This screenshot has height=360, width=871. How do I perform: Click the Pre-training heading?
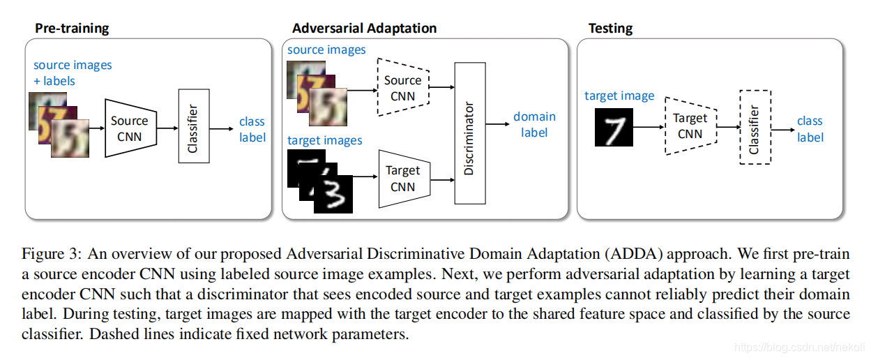[x=72, y=29]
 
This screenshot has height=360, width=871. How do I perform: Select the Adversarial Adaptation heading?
[x=364, y=29]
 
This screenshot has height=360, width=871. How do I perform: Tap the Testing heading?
[x=610, y=29]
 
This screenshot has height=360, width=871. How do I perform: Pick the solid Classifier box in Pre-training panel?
[x=193, y=126]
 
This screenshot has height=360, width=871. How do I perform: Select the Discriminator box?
[x=469, y=133]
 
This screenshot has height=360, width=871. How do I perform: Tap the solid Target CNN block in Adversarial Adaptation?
[x=403, y=179]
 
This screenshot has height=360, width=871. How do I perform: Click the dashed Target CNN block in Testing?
[x=690, y=126]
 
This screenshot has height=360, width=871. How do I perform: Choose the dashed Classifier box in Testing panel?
[x=755, y=127]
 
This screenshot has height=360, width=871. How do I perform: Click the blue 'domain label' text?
[x=534, y=124]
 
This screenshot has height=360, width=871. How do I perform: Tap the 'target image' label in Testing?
[x=619, y=96]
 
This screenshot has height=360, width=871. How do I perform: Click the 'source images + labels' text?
[x=73, y=73]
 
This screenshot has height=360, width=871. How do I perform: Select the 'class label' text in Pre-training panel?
[x=252, y=129]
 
